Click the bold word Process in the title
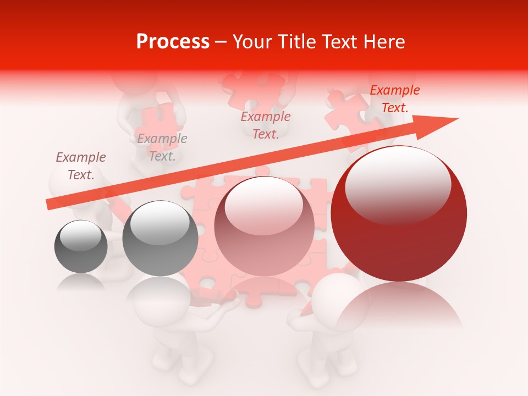click(x=173, y=42)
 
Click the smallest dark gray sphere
click(x=81, y=246)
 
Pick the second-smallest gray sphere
click(x=160, y=239)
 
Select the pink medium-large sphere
click(x=264, y=226)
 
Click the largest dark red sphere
click(x=399, y=220)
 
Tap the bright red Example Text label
click(x=394, y=99)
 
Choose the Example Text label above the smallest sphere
click(x=81, y=166)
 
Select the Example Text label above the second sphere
click(x=162, y=147)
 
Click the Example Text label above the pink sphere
click(x=266, y=125)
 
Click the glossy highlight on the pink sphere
click(x=264, y=203)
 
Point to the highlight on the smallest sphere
click(x=80, y=235)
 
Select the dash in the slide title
click(x=221, y=42)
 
